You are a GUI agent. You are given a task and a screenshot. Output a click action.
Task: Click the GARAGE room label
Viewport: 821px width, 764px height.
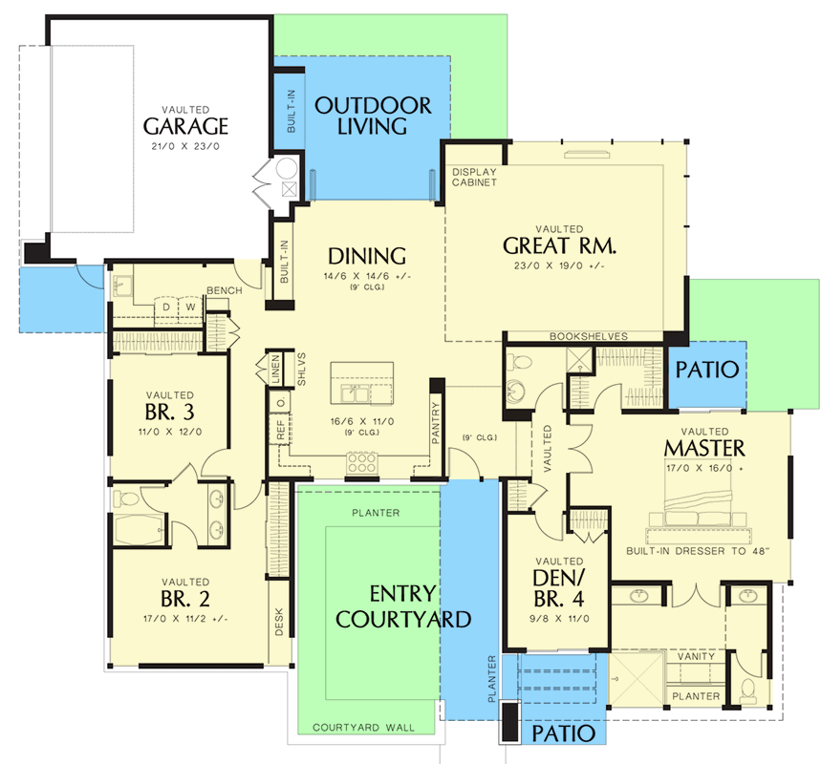tap(185, 126)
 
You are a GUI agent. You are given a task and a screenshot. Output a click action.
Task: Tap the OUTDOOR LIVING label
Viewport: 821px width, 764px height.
tap(373, 117)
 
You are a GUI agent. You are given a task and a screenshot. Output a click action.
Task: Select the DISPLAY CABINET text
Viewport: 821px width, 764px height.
tap(474, 177)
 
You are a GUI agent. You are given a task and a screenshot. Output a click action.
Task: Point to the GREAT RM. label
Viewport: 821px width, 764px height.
tap(559, 245)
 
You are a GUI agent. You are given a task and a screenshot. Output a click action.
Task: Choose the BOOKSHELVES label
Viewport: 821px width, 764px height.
tap(589, 336)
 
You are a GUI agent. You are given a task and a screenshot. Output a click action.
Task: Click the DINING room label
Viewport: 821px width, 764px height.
tap(367, 256)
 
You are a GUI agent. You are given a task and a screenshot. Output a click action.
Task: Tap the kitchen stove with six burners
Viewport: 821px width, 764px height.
tap(362, 463)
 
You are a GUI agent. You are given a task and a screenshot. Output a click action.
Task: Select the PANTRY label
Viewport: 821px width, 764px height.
tap(436, 423)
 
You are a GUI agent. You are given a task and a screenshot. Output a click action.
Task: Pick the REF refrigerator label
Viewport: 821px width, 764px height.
tap(281, 429)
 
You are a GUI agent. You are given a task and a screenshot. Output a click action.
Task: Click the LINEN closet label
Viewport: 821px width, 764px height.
tap(276, 369)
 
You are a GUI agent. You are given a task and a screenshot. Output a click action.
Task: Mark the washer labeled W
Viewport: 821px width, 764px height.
tap(190, 307)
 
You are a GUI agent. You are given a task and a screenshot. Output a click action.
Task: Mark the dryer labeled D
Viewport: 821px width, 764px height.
tap(166, 307)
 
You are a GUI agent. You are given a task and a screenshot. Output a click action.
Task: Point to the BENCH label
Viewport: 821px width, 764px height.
tap(224, 290)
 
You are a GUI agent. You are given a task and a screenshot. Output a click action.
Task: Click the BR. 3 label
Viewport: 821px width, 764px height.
tap(169, 412)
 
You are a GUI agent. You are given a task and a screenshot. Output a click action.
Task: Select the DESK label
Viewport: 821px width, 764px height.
tap(278, 622)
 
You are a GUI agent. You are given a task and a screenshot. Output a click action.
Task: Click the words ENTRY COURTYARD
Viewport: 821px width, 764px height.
tap(403, 606)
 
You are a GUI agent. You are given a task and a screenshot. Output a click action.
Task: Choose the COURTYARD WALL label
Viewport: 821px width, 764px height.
tap(363, 728)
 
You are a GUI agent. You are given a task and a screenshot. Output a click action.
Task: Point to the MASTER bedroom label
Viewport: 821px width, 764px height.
tap(704, 448)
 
